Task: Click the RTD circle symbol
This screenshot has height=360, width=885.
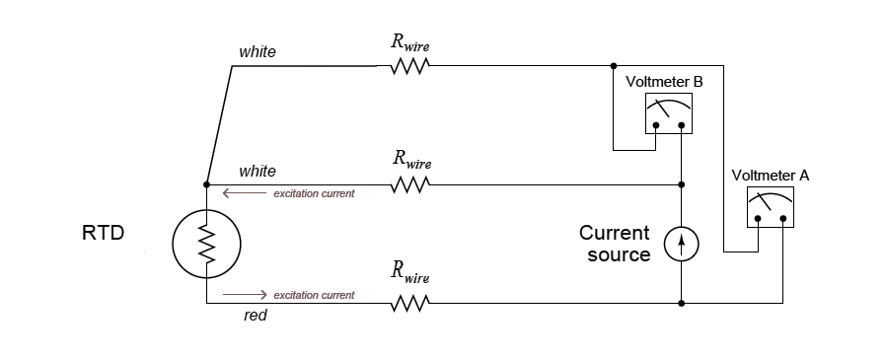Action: [207, 243]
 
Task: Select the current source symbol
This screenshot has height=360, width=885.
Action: [682, 244]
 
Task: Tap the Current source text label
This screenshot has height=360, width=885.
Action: [615, 244]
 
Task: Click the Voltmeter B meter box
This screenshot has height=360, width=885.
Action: [668, 113]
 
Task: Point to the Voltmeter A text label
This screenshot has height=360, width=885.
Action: [771, 175]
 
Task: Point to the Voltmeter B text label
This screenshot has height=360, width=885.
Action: [665, 81]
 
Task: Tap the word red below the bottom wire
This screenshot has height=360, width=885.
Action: [255, 317]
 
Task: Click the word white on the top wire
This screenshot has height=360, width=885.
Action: [258, 51]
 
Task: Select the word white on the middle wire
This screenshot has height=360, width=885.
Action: [258, 171]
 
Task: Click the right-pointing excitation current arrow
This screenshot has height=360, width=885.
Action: [246, 294]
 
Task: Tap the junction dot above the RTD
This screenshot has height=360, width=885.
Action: [207, 184]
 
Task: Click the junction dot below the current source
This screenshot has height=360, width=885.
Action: [682, 303]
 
